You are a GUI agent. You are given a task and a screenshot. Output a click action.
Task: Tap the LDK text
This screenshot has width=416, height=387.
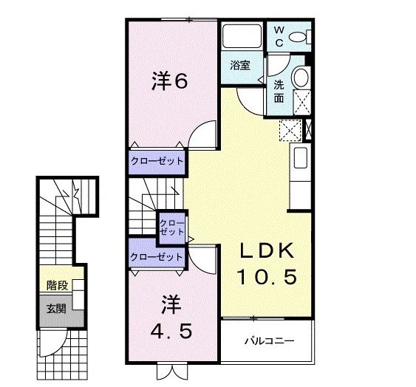267,251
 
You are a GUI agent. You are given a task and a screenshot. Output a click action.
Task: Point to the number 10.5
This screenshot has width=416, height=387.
267,277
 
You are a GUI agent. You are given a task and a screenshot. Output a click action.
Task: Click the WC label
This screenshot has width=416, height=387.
279,35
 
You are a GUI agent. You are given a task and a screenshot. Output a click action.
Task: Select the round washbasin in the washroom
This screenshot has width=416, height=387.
300,78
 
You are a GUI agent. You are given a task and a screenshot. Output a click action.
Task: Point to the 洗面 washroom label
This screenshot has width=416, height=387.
279,90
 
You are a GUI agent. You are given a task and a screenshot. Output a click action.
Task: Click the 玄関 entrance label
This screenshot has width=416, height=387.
56,308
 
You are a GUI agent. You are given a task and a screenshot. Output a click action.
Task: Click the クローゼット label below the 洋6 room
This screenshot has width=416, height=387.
157,160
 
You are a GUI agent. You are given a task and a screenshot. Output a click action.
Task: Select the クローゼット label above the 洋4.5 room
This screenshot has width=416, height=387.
156,257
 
